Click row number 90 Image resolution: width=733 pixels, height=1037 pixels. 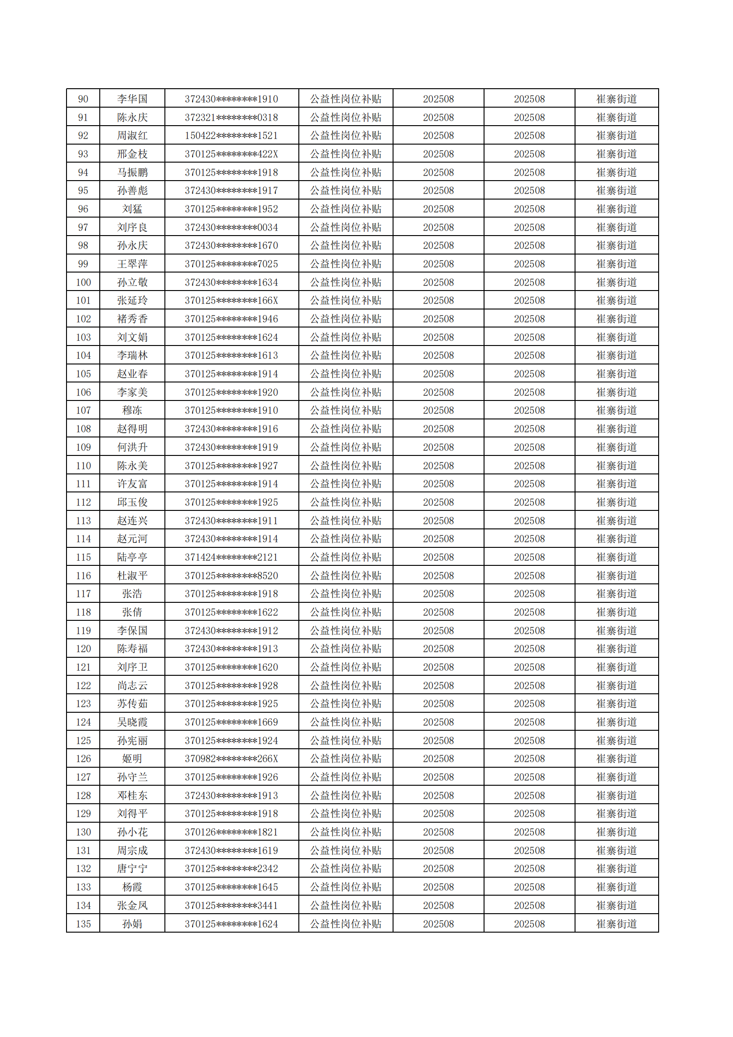(x=83, y=99)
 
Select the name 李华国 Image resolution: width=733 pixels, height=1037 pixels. (x=132, y=99)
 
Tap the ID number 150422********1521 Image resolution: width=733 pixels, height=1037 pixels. (x=231, y=136)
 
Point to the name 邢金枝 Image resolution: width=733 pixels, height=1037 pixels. (x=132, y=154)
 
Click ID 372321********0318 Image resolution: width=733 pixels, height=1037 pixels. (x=231, y=117)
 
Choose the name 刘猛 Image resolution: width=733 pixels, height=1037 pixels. (x=132, y=209)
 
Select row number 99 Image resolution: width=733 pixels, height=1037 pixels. (x=83, y=264)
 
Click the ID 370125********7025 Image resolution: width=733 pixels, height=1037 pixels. (x=231, y=264)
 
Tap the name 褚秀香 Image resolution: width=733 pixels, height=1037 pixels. (x=132, y=319)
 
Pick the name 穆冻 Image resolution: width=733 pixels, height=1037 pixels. (x=132, y=410)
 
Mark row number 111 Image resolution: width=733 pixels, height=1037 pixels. (x=83, y=484)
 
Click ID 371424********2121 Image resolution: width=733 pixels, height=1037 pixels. (x=231, y=557)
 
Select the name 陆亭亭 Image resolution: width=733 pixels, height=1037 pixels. (x=132, y=557)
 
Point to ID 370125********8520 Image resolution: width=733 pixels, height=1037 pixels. (x=231, y=576)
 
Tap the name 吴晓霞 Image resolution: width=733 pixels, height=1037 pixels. (x=132, y=722)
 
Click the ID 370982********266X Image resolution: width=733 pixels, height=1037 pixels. (x=231, y=758)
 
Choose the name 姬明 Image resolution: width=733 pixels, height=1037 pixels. (x=132, y=758)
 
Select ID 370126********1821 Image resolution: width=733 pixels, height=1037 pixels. (x=231, y=832)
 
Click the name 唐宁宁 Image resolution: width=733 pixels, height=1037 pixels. (x=132, y=868)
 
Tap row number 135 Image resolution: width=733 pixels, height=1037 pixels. (x=83, y=924)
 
